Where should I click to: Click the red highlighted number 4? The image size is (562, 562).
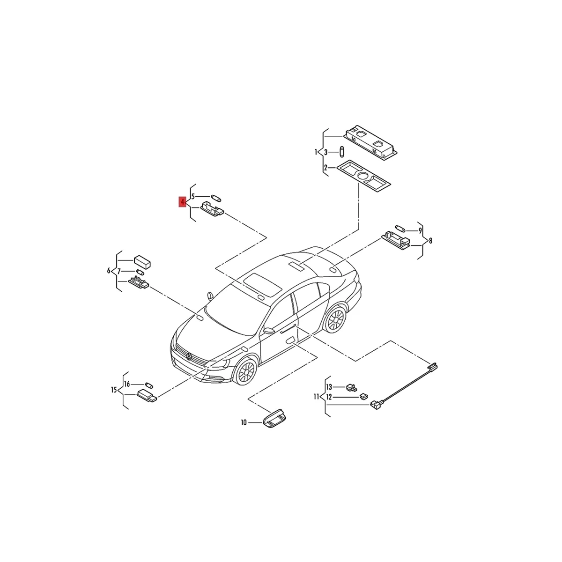coord(182,202)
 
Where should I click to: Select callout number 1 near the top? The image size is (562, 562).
coord(316,152)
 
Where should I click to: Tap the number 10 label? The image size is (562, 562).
coord(244,423)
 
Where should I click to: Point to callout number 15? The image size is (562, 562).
coord(114,390)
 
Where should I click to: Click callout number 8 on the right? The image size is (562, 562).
coord(430,241)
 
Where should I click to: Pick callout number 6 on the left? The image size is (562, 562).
coord(109,271)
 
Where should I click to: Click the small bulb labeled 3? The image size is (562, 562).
coord(342,152)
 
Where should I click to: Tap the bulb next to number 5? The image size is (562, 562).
coord(216,197)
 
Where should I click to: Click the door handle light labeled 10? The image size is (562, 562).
coord(274,418)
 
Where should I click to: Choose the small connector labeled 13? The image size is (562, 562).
coord(351,387)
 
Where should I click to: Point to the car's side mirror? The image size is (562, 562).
coord(268,330)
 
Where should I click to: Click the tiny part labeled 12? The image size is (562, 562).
coord(363,396)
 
